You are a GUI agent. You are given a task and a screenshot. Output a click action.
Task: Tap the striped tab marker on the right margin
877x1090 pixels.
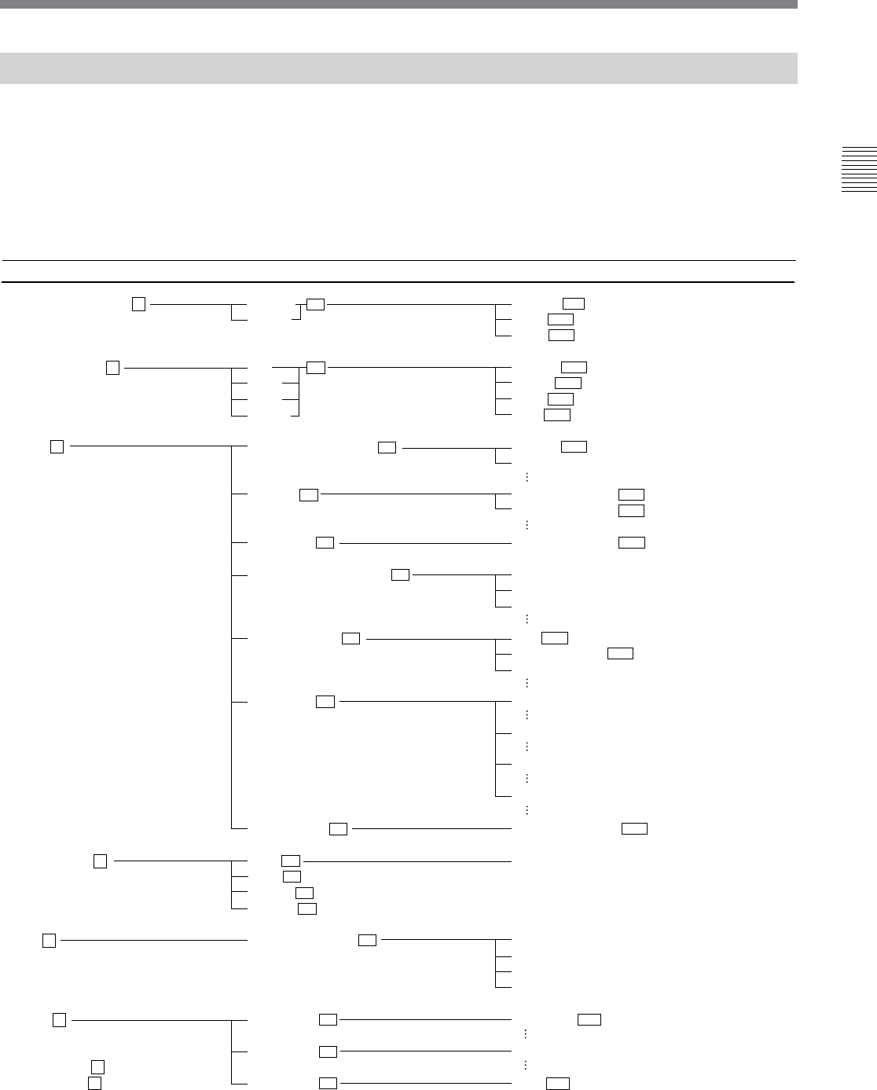click(858, 169)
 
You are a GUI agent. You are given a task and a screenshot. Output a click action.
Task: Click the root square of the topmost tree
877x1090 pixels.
click(138, 304)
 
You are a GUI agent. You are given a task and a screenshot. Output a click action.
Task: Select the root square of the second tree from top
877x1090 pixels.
click(112, 367)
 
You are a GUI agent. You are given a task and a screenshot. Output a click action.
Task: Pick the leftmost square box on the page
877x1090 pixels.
click(49, 940)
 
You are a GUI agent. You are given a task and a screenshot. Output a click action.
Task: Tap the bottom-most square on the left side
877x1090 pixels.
click(94, 1083)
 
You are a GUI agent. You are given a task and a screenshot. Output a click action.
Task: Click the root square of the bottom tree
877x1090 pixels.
click(59, 1020)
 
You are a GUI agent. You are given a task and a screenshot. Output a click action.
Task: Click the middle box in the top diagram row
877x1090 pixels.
click(315, 304)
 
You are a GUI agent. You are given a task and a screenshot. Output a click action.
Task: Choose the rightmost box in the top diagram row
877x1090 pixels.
click(574, 304)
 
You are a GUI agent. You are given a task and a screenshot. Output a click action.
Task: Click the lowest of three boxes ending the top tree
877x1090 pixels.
click(561, 336)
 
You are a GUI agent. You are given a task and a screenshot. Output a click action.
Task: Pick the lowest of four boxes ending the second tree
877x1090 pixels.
click(556, 414)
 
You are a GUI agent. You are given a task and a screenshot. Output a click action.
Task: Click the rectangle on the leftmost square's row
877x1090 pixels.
click(367, 940)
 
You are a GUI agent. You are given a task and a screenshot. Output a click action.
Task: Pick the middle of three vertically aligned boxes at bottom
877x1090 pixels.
click(328, 1051)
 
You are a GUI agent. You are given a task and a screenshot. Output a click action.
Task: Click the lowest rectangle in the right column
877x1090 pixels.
click(558, 1084)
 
